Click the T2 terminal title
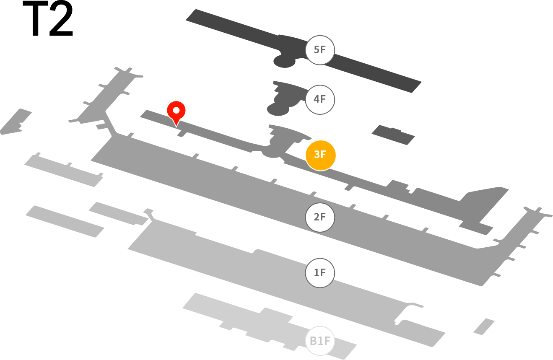coord(48,18)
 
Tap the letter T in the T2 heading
coord(35,18)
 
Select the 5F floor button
coord(320,50)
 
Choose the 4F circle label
coord(320,100)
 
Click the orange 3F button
coord(320,155)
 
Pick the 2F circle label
coord(320,218)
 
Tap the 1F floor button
coord(320,273)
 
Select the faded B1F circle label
coord(320,341)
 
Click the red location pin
coord(176,112)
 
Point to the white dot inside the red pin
coord(176,110)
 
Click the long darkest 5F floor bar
coord(304,51)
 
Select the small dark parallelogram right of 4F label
coord(393,135)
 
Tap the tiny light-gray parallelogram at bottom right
coord(484,327)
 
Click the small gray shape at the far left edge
coord(16,122)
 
